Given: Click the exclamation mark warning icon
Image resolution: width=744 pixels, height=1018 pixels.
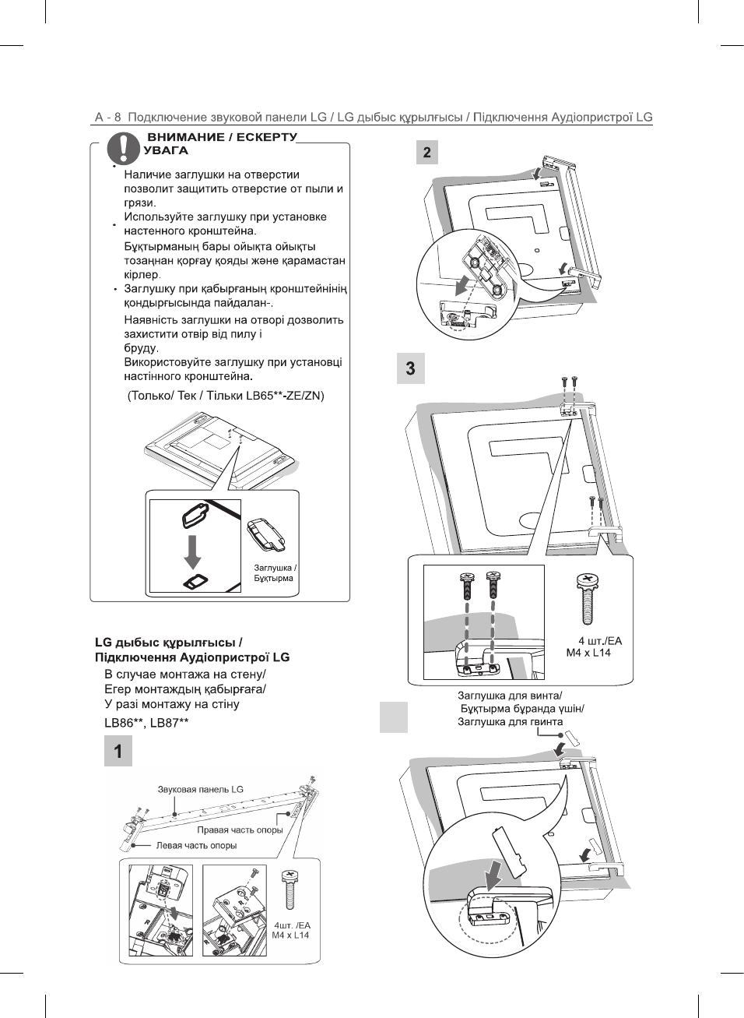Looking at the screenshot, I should (124, 147).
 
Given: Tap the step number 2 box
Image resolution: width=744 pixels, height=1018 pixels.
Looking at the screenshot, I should (426, 152).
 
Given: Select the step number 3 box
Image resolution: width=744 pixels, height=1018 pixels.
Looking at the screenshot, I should (411, 368).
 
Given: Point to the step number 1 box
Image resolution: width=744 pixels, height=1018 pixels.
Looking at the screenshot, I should (118, 752).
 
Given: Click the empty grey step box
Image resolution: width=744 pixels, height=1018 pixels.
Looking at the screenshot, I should (394, 717).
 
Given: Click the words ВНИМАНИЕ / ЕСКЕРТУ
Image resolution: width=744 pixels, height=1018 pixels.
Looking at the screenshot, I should (223, 136).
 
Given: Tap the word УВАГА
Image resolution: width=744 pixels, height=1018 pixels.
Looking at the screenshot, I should (166, 150).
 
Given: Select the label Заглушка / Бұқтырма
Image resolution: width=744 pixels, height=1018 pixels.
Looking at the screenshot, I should (275, 573).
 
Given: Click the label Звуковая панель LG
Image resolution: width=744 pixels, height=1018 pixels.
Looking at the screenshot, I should (201, 789).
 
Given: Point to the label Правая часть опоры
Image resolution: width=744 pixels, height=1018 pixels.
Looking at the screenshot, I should (240, 830).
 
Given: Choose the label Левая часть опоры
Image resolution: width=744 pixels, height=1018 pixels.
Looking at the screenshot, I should (196, 845).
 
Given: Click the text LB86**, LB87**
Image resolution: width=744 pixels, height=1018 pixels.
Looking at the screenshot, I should (146, 723).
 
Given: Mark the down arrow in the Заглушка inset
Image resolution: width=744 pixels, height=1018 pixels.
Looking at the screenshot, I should (192, 551).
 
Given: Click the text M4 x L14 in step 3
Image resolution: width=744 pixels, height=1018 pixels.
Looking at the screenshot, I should (588, 653).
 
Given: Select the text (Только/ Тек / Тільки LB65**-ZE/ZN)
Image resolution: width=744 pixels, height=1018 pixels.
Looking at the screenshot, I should (226, 396).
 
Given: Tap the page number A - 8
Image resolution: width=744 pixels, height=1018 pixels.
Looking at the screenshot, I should (107, 118).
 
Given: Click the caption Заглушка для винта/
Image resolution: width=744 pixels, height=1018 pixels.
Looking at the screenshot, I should (510, 696).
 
